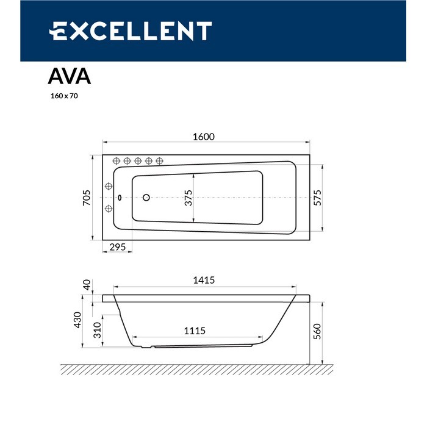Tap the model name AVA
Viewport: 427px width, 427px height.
pos(70,77)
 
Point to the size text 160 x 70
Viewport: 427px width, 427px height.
pos(63,96)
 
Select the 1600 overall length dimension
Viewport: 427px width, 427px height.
pos(204,137)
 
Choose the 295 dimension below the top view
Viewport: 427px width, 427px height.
pos(118,247)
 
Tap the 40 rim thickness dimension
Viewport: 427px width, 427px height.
pos(87,285)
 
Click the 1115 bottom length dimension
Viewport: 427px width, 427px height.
pos(195,331)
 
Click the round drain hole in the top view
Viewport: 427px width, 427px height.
pos(146,197)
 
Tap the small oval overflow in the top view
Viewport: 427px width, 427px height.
pos(120,197)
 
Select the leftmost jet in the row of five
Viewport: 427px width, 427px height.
pos(117,160)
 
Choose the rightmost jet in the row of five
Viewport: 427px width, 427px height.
pos(159,160)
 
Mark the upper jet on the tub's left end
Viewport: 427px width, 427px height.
pos(109,186)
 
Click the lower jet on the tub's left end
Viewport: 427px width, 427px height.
pos(109,209)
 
